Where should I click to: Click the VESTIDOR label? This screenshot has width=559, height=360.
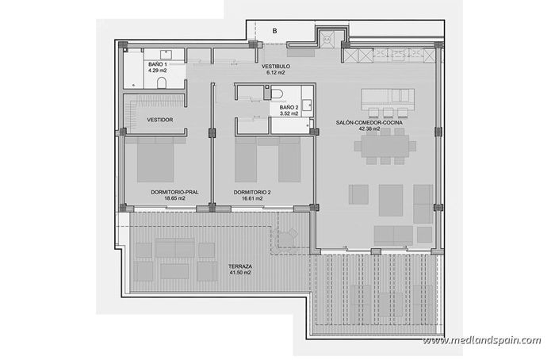pyautogui.click(x=160, y=120)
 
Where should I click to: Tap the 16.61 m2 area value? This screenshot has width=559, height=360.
pyautogui.click(x=253, y=200)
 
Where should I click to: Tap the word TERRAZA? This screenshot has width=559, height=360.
pyautogui.click(x=240, y=266)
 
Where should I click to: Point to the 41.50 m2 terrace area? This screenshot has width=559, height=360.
pyautogui.click(x=240, y=273)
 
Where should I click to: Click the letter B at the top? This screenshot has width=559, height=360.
pyautogui.click(x=274, y=31)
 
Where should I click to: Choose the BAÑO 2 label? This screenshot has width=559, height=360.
pyautogui.click(x=289, y=106)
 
